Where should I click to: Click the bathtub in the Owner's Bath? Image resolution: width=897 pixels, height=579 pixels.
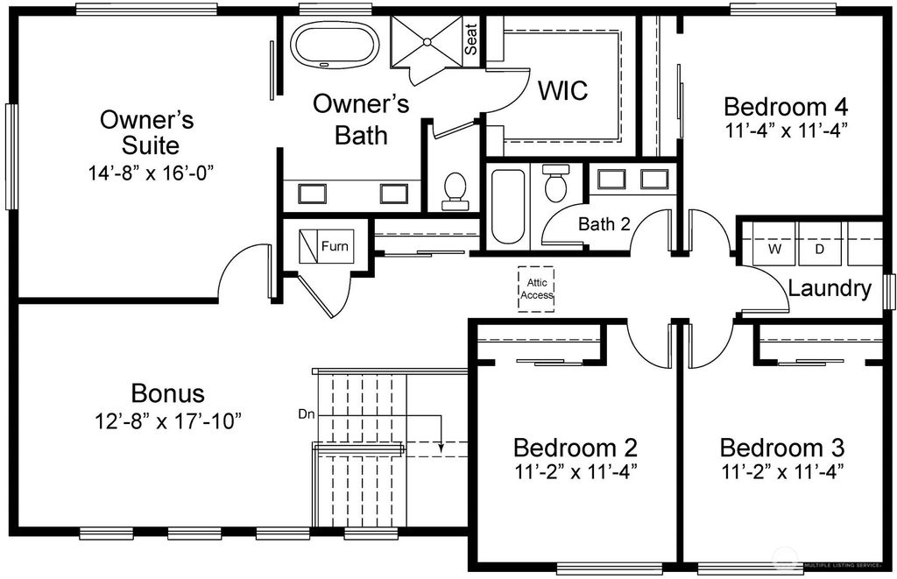tap(335, 45)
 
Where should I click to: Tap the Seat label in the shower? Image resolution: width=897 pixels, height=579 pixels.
tap(470, 39)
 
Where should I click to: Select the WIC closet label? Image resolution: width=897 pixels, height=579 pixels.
tap(563, 90)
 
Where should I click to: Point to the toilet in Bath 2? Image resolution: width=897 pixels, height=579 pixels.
tap(556, 183)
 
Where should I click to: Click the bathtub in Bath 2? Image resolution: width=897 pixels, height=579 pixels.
tap(508, 207)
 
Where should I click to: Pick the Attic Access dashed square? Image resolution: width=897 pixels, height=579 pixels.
tap(536, 289)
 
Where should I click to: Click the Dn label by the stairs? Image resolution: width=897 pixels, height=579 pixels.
tap(307, 413)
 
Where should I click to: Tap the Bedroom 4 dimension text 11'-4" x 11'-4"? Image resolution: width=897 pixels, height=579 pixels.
tap(786, 130)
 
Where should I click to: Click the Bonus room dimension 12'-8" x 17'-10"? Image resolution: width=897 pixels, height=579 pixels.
tap(168, 421)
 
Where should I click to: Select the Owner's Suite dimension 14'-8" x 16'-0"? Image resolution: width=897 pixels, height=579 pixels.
tap(151, 173)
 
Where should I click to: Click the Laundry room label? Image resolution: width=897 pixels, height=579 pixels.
tap(830, 289)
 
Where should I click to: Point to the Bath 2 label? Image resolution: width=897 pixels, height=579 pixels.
tap(604, 223)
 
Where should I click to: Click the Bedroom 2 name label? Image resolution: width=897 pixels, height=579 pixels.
tap(576, 448)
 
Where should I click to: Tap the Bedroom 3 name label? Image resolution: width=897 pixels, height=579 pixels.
tap(782, 448)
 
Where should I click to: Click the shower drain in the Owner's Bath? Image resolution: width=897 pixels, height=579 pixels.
tap(427, 41)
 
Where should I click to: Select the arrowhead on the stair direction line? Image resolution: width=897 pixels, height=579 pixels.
tap(441, 447)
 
